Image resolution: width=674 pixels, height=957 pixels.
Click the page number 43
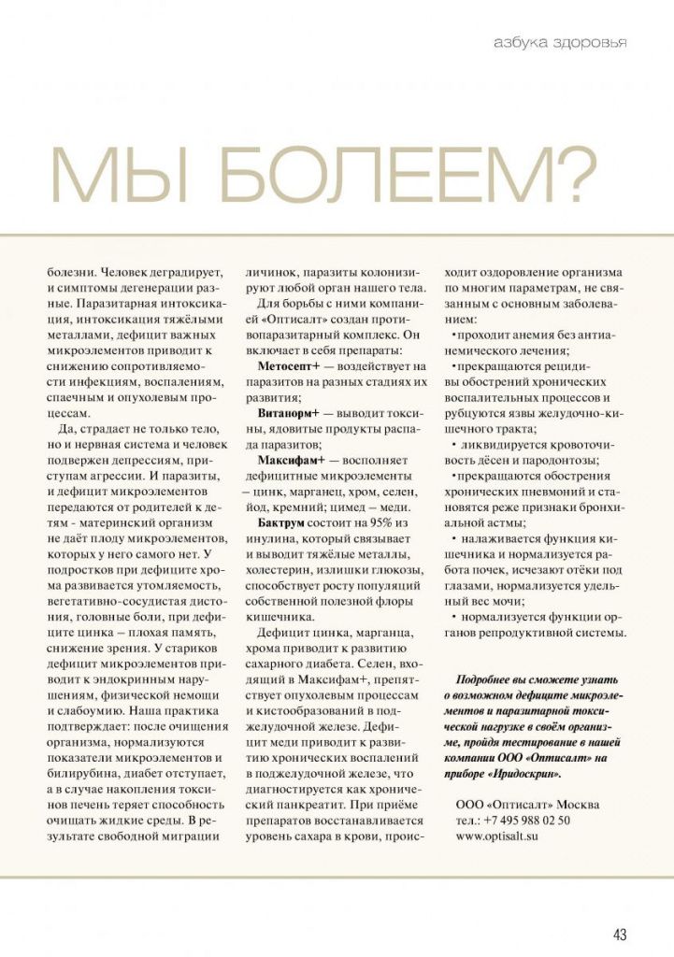coord(619,934)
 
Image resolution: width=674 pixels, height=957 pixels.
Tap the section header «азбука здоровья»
coord(560,42)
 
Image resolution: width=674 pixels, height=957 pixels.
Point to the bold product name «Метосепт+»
coord(289,365)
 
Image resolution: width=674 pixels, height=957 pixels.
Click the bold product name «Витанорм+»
coord(289,411)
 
